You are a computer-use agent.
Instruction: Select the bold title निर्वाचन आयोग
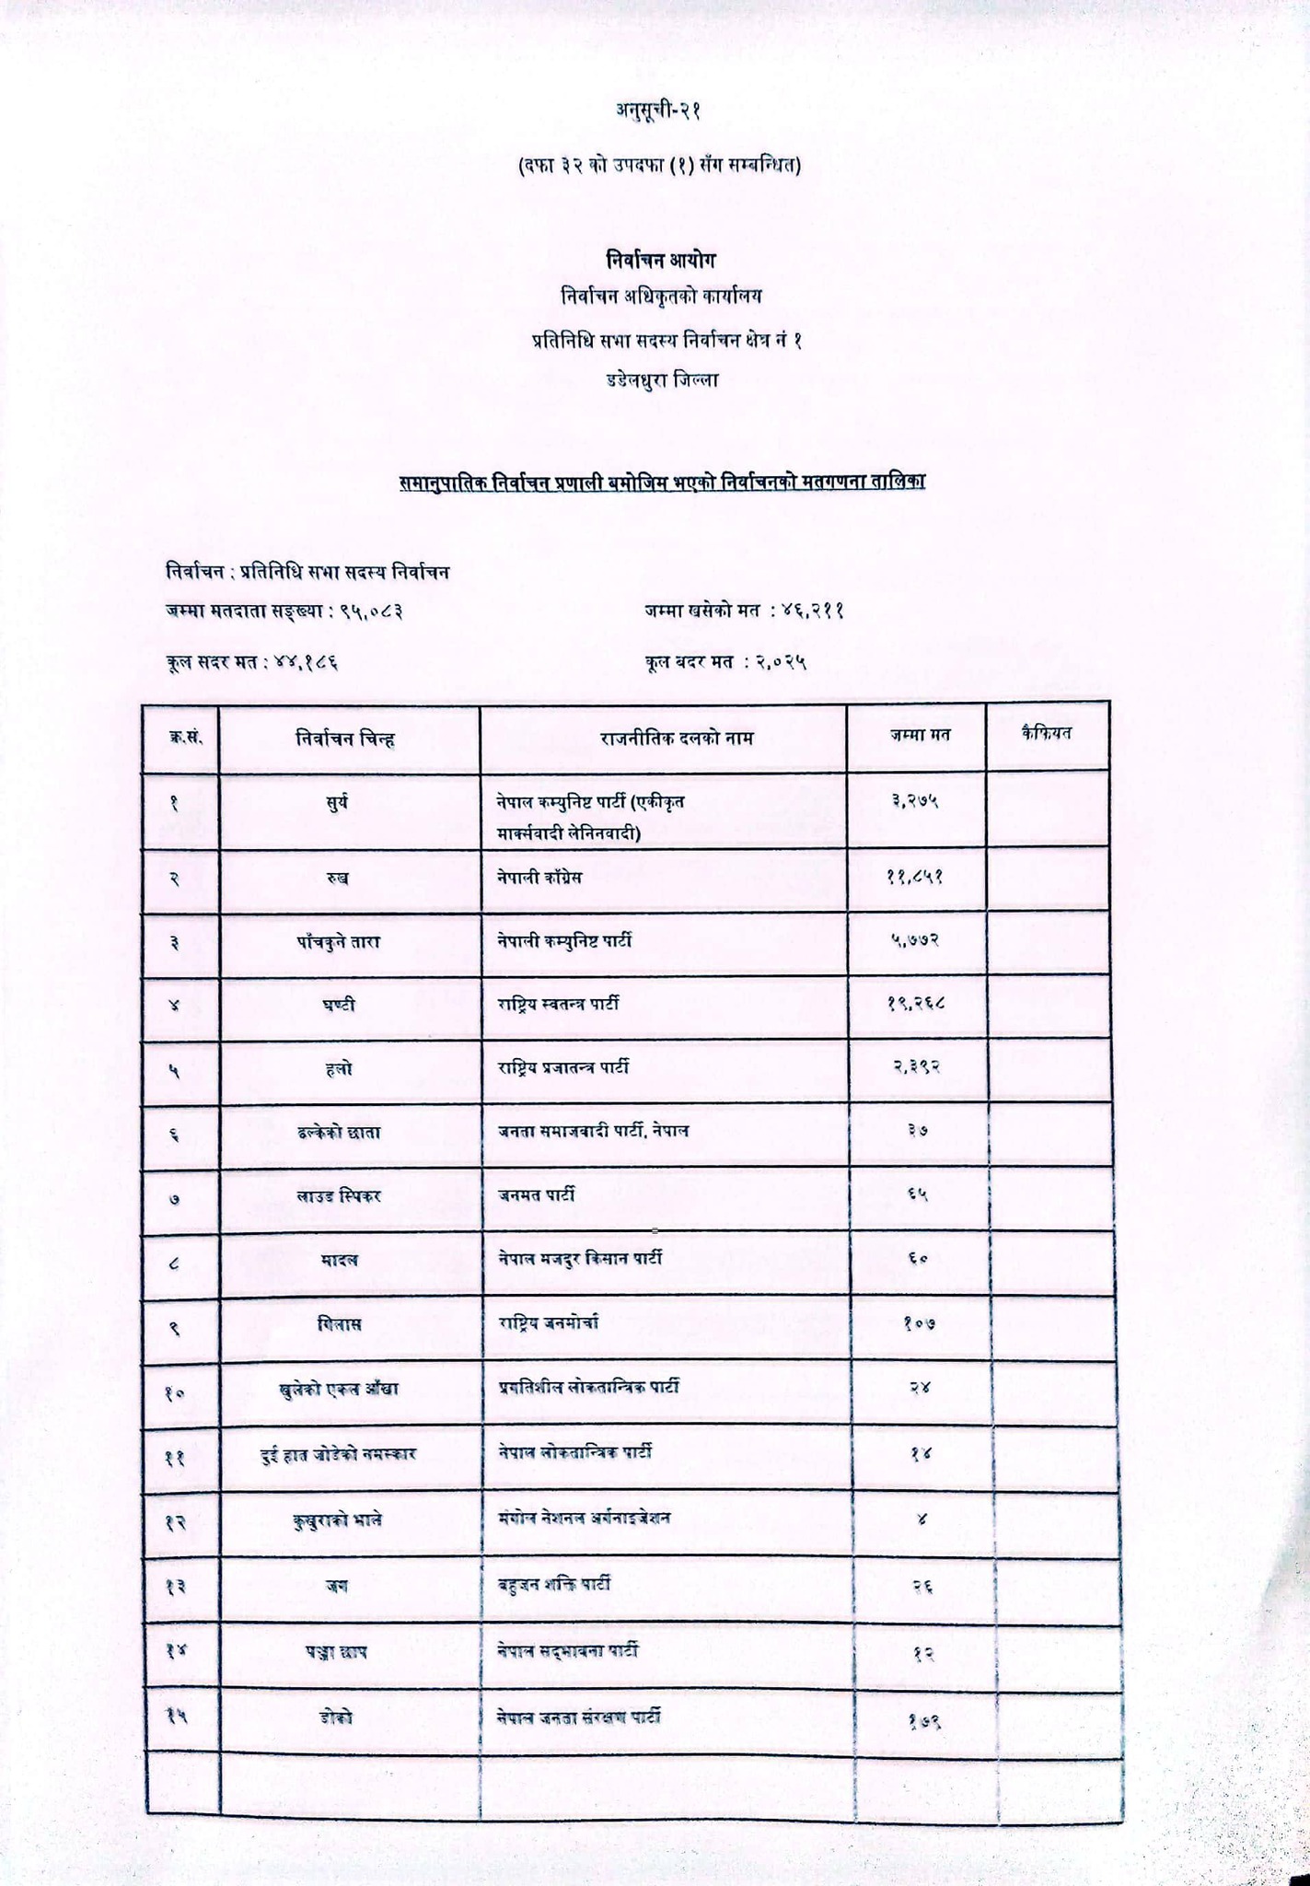661,259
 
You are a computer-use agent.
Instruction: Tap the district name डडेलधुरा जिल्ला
662,378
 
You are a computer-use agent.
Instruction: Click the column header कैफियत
1047,733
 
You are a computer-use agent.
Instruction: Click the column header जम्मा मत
920,735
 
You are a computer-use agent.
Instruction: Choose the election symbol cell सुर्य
337,803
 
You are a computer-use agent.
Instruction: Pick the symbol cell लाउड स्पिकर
339,1195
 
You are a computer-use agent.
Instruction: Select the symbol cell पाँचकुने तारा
338,942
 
